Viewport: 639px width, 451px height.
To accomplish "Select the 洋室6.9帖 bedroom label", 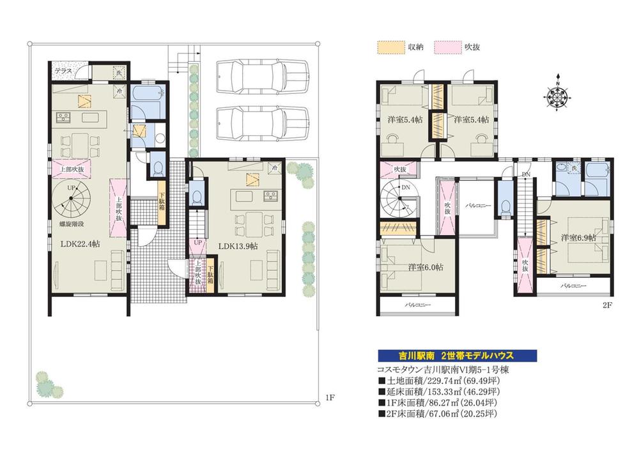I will click(x=578, y=238).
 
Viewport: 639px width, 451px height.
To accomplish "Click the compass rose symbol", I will click(x=557, y=96).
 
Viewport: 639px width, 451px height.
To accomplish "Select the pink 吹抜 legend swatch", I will click(x=445, y=47).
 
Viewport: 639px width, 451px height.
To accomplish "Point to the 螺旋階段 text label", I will click(x=70, y=225).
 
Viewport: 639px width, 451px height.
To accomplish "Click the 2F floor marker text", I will click(x=606, y=305).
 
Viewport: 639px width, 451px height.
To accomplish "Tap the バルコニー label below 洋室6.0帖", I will click(x=418, y=306).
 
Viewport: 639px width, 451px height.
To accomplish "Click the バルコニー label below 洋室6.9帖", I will click(x=571, y=287).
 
